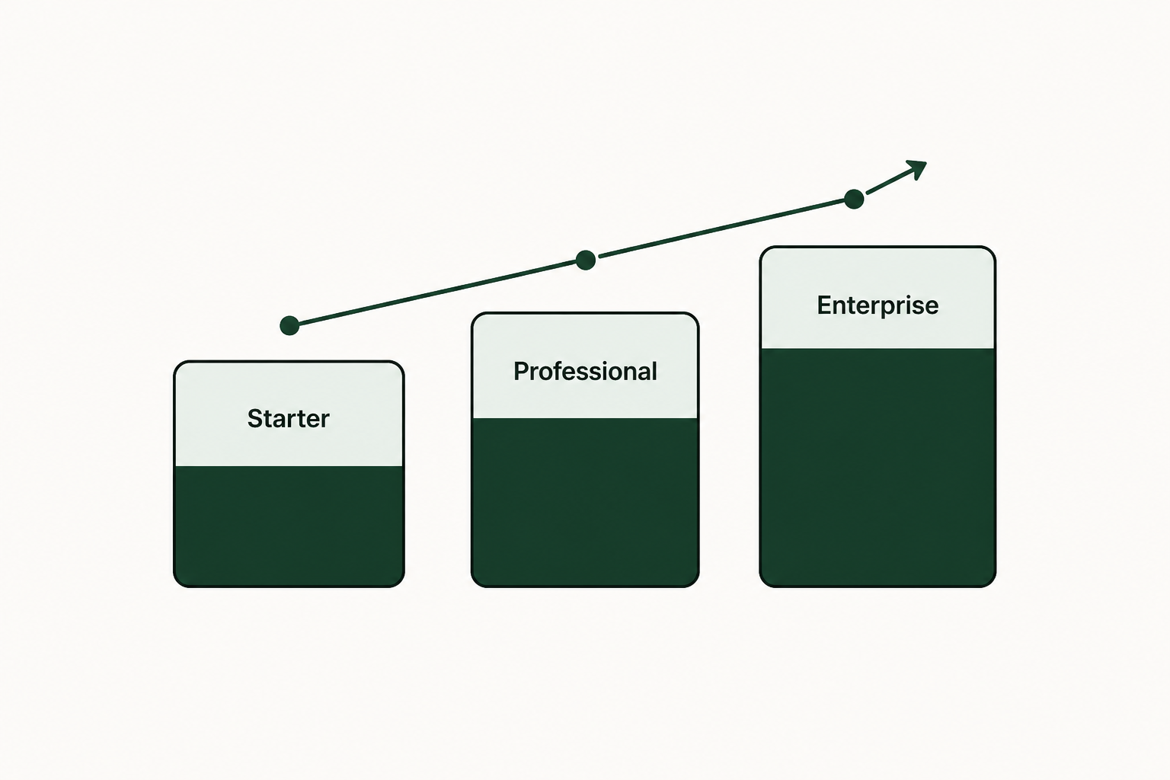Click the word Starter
[289, 418]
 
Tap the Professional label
[585, 372]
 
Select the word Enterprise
[877, 305]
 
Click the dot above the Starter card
[289, 325]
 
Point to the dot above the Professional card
[586, 261]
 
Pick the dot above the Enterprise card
[854, 199]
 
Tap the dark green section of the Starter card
[289, 526]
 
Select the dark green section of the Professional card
[585, 502]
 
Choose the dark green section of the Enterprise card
[877, 467]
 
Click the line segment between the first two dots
[437, 292]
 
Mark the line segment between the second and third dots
[722, 229]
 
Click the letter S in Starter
[255, 418]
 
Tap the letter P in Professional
[521, 372]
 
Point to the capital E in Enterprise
[825, 305]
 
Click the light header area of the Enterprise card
[877, 298]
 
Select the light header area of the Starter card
[289, 414]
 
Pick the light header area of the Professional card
[585, 366]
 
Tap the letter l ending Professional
[654, 371]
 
